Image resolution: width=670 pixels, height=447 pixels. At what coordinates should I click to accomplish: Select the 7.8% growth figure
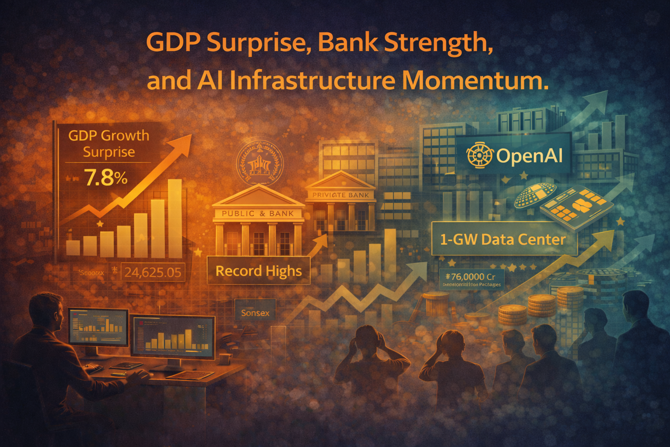[106, 178]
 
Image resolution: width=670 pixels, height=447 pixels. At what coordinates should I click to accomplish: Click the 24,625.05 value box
[152, 272]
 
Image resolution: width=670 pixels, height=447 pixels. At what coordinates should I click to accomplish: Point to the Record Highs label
[258, 271]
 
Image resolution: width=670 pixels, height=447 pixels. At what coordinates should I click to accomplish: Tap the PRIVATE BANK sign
[341, 195]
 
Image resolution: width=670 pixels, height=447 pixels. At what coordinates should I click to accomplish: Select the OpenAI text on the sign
[529, 156]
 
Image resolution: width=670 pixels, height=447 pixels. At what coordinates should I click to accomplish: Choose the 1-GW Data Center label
[502, 239]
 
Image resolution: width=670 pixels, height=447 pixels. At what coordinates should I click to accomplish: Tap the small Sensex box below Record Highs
[255, 313]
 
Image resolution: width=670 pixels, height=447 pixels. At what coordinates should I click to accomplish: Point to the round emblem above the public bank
[259, 163]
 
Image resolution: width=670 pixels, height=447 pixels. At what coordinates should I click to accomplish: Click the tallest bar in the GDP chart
[174, 218]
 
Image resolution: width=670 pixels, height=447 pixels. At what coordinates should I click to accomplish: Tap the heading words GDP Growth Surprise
[109, 144]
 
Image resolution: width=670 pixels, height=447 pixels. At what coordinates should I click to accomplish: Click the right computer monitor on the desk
[173, 338]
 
